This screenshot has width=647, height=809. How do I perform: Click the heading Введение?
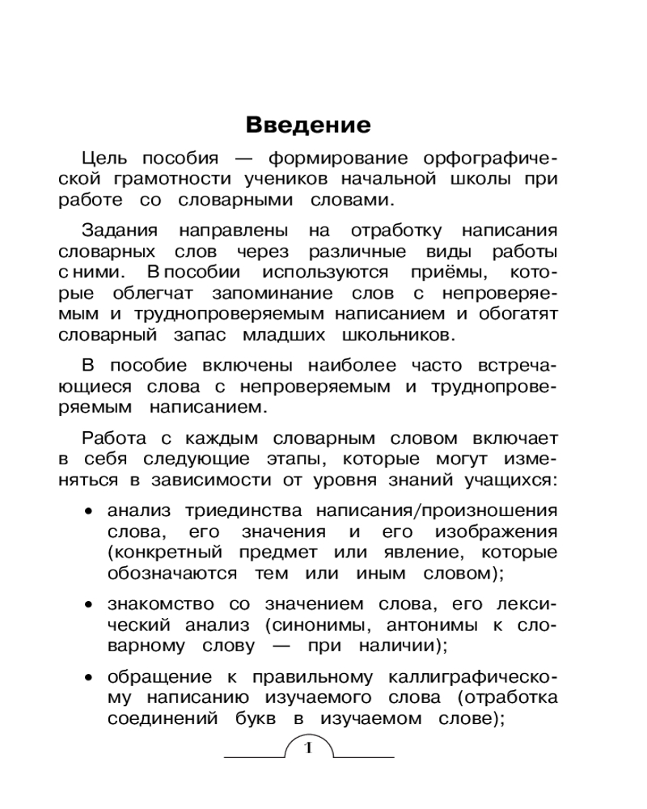click(307, 125)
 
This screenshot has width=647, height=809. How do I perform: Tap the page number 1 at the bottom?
click(308, 747)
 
